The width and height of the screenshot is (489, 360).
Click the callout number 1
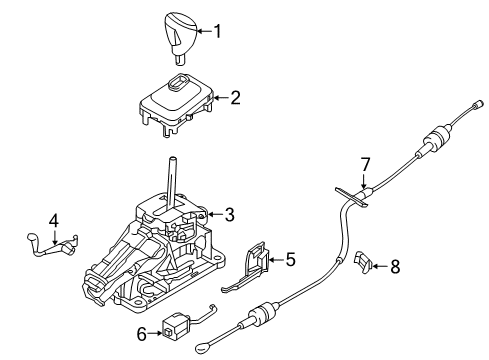coord(217,31)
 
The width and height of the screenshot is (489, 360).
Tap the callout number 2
coord(235,98)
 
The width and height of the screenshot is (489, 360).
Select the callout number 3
coord(229,214)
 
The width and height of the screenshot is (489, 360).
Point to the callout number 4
coord(54,221)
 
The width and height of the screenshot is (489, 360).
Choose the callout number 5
coord(290,259)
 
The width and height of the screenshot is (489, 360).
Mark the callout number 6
coord(142,334)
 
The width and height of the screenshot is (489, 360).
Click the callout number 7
coord(365,165)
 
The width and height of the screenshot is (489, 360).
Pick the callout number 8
coord(395,267)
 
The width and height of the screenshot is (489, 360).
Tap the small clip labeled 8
coord(363,260)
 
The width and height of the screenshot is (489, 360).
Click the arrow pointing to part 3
coord(215,214)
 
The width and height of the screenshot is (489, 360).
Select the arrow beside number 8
coord(380,266)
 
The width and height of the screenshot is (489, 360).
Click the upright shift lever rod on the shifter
coord(173,182)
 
